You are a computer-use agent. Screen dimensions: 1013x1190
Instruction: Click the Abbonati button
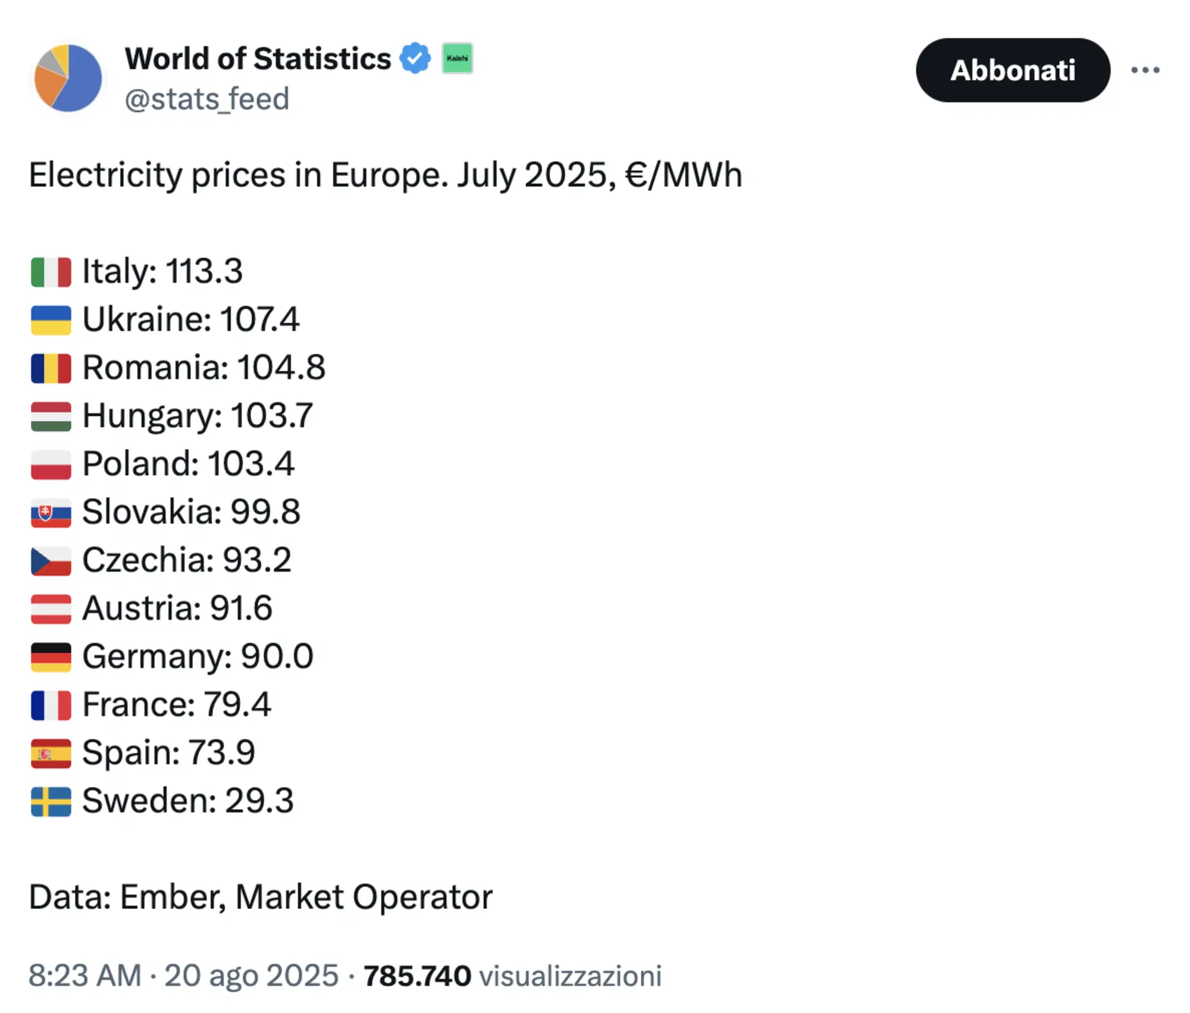(1012, 70)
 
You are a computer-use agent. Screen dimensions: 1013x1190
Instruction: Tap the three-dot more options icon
(1145, 70)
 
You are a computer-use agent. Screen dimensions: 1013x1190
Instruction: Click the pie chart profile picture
(68, 78)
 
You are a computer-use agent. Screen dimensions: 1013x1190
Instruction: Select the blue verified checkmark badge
(415, 58)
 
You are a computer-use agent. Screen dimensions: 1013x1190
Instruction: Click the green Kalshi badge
(457, 58)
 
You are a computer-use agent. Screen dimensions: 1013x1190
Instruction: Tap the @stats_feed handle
(206, 99)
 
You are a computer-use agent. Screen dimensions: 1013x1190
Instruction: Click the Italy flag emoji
(51, 272)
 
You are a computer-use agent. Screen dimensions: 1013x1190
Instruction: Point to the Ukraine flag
(51, 320)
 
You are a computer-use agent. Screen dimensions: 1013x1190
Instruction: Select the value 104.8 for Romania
(281, 368)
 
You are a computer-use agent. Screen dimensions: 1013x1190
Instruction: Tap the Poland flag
(51, 465)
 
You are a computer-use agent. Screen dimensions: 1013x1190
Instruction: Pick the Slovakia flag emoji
(51, 513)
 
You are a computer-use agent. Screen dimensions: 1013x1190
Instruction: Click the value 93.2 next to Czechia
(257, 560)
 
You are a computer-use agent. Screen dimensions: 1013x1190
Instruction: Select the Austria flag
(51, 609)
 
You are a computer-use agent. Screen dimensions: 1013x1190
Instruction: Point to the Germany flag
(51, 657)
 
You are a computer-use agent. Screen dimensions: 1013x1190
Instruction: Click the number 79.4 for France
(237, 705)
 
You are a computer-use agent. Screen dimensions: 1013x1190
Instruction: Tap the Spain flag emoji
(51, 754)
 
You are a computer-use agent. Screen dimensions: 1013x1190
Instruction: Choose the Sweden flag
(51, 802)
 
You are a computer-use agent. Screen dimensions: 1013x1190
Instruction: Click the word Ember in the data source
(173, 897)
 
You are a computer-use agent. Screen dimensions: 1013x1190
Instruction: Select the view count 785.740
(417, 976)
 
